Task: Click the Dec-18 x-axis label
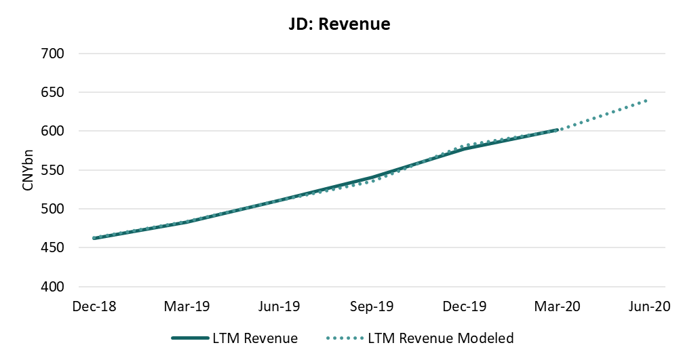tap(94, 306)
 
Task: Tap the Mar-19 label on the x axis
tap(187, 306)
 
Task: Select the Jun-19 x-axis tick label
tap(279, 306)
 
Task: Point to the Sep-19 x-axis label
tap(372, 306)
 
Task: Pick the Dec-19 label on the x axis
tap(465, 306)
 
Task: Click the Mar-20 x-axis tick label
tap(557, 306)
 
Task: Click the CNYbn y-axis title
tap(28, 170)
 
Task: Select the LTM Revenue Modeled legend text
tap(441, 338)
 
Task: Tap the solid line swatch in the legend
tap(193, 338)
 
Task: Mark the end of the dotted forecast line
tap(647, 100)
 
